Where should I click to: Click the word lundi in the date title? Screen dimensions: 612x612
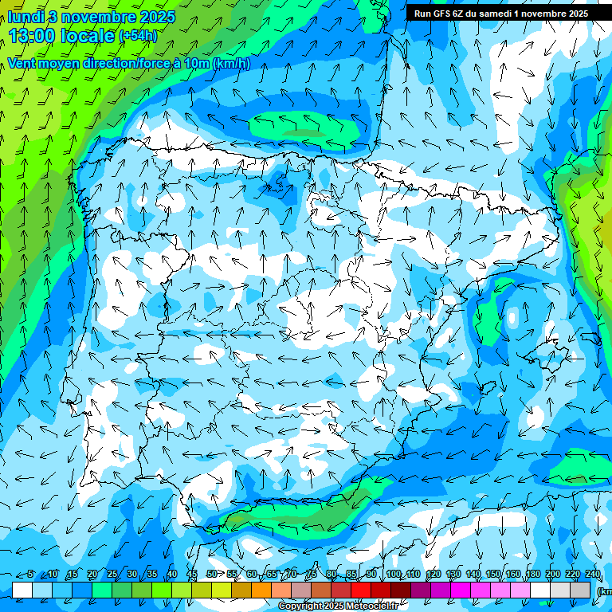tap(25, 17)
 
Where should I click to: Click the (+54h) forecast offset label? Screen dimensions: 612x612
tap(138, 36)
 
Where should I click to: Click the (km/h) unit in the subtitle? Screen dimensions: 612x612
tap(232, 64)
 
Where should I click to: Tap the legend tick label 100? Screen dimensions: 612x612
tap(393, 575)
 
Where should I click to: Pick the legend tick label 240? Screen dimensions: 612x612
tap(593, 575)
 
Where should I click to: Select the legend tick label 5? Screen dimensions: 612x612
tap(30, 575)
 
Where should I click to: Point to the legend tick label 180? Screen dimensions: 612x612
tap(533, 575)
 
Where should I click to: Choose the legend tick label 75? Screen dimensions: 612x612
tap(312, 575)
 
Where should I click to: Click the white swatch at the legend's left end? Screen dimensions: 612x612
tap(22, 590)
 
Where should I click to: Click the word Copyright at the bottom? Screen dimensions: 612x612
tap(300, 606)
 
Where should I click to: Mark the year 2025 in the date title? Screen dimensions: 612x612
tap(157, 17)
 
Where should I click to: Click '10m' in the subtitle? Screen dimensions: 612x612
tap(197, 64)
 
